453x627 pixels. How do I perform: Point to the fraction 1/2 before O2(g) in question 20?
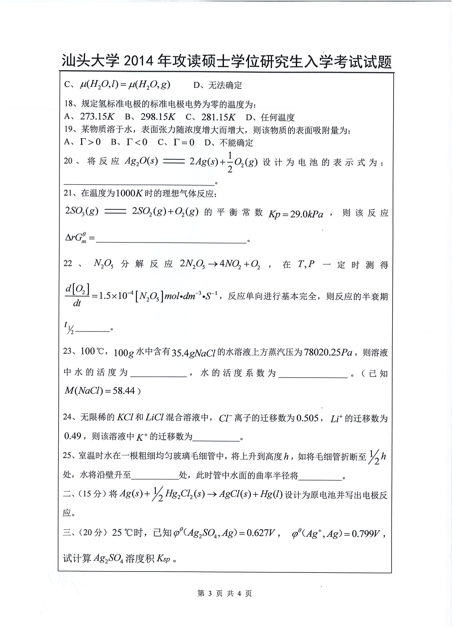pyautogui.click(x=230, y=162)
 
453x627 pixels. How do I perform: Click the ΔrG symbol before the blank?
pyautogui.click(x=76, y=237)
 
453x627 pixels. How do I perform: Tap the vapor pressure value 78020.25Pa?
pyautogui.click(x=328, y=352)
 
